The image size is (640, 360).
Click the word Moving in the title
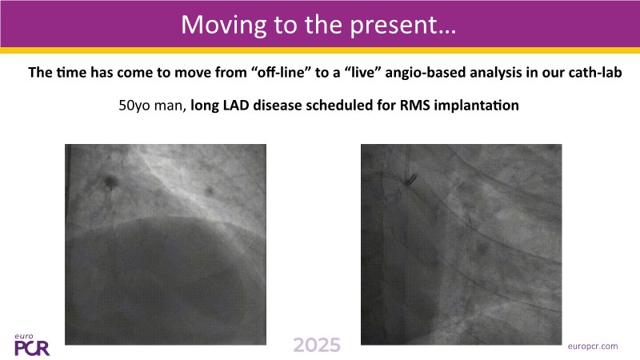[x=224, y=26]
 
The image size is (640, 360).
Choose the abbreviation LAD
[x=236, y=106]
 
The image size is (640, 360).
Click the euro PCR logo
[x=31, y=345]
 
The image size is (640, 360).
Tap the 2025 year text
[x=317, y=346]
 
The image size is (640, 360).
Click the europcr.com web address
[x=593, y=346]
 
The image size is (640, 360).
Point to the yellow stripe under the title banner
[x=320, y=50]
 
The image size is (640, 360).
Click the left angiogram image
[x=166, y=245]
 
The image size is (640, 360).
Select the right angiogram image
[x=462, y=245]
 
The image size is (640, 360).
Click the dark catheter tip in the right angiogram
[x=410, y=178]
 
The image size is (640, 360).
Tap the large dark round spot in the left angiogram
[x=110, y=180]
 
